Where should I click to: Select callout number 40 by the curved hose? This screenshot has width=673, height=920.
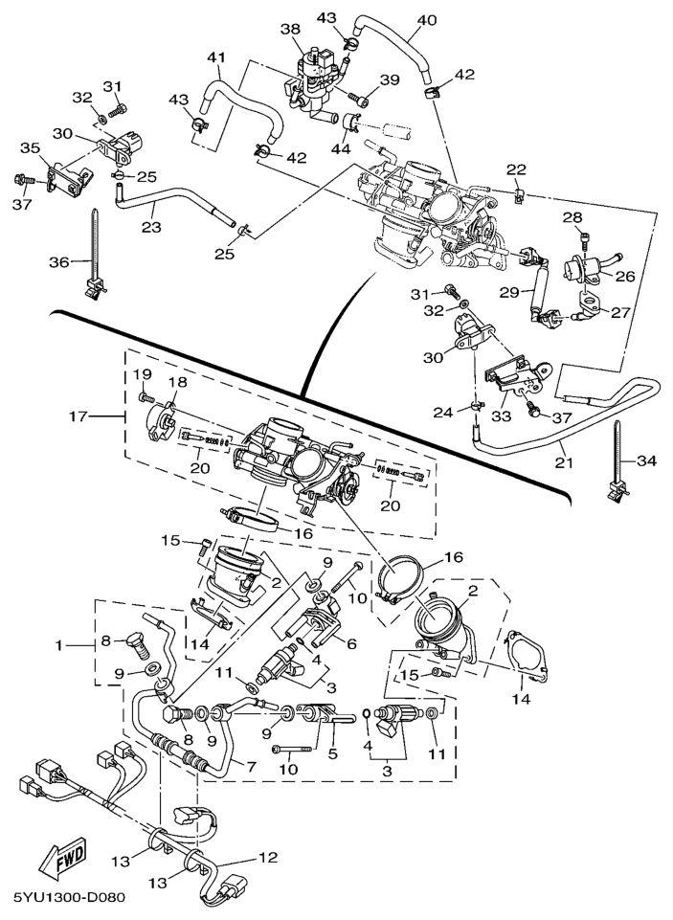pyautogui.click(x=426, y=18)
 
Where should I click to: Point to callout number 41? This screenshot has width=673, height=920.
pyautogui.click(x=216, y=57)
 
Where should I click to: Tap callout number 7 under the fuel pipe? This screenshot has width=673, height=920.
pyautogui.click(x=252, y=766)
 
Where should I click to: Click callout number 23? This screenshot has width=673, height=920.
pyautogui.click(x=150, y=227)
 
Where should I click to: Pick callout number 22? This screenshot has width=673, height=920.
pyautogui.click(x=517, y=169)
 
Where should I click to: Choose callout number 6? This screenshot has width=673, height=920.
pyautogui.click(x=351, y=644)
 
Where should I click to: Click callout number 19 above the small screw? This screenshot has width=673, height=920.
pyautogui.click(x=142, y=372)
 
